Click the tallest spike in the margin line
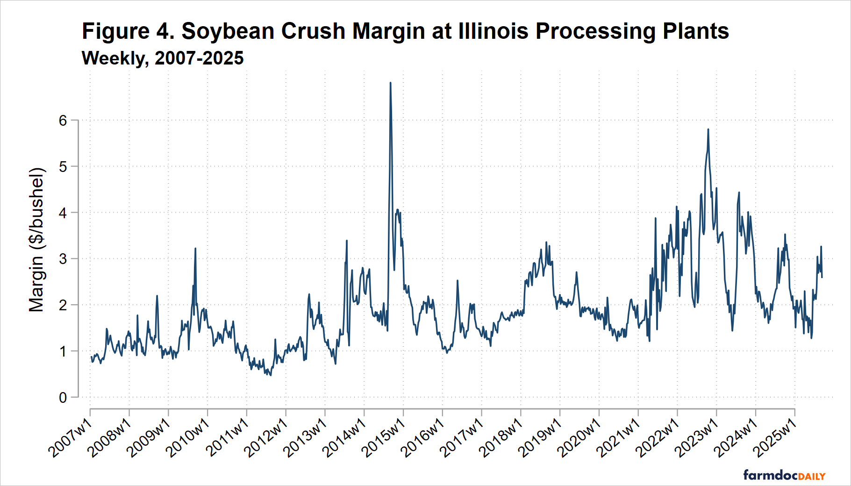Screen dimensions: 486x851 click(x=390, y=84)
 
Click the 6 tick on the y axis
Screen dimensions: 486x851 click(x=63, y=121)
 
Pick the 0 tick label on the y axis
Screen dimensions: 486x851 click(x=63, y=398)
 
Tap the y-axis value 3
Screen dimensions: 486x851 click(x=63, y=259)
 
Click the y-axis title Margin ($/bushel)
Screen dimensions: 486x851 click(x=36, y=240)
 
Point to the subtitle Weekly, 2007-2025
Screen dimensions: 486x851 click(x=163, y=58)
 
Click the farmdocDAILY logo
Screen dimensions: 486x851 click(x=784, y=475)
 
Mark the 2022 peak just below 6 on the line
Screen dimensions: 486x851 click(x=708, y=130)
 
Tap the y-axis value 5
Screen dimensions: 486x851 click(x=63, y=167)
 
